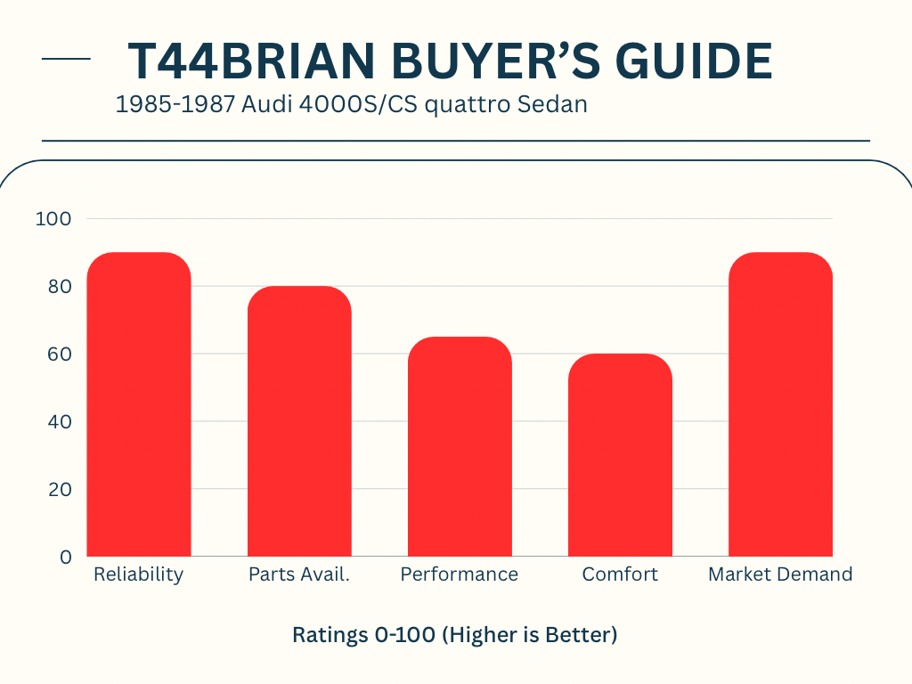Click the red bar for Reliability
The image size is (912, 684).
[x=139, y=405]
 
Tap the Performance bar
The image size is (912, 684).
[x=460, y=446]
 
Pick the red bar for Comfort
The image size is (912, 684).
[x=620, y=455]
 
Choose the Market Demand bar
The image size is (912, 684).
[x=780, y=405]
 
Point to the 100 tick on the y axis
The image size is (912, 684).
[x=53, y=219]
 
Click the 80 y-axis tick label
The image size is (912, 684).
[x=58, y=287]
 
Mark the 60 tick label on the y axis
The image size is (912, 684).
[x=58, y=354]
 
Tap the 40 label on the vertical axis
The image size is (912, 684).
[x=58, y=422]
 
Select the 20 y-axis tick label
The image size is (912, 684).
[x=58, y=490]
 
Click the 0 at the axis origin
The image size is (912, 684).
[x=66, y=558]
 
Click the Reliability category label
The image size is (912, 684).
[x=138, y=574]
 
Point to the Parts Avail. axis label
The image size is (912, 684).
[x=299, y=574]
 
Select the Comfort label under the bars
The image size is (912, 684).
[x=620, y=574]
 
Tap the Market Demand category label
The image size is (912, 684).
[x=780, y=574]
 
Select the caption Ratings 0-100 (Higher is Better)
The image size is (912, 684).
[x=455, y=635]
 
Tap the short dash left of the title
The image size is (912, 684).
[x=66, y=60]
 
